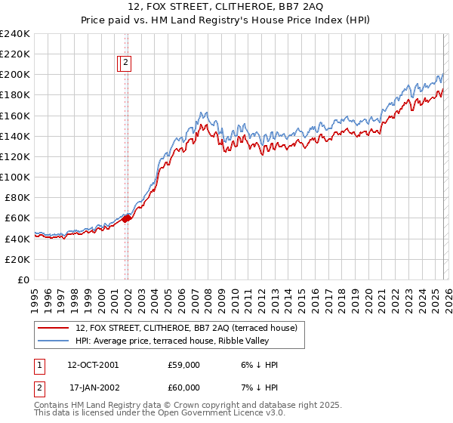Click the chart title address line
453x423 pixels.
click(x=226, y=8)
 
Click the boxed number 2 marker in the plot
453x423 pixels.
click(x=125, y=64)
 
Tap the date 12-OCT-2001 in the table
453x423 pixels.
click(x=92, y=365)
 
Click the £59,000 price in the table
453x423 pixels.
click(x=183, y=365)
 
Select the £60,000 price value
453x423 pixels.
click(x=183, y=386)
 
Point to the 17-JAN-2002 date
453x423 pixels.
click(x=94, y=386)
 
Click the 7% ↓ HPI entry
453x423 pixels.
click(x=257, y=386)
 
